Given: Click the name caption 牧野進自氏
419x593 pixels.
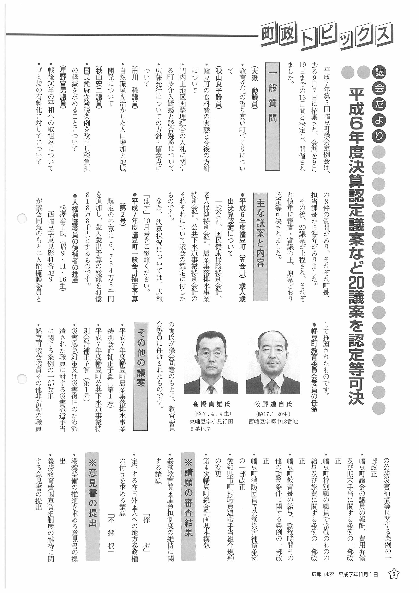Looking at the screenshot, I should pos(273,404).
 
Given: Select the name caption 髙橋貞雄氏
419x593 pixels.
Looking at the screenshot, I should pos(211,404).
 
